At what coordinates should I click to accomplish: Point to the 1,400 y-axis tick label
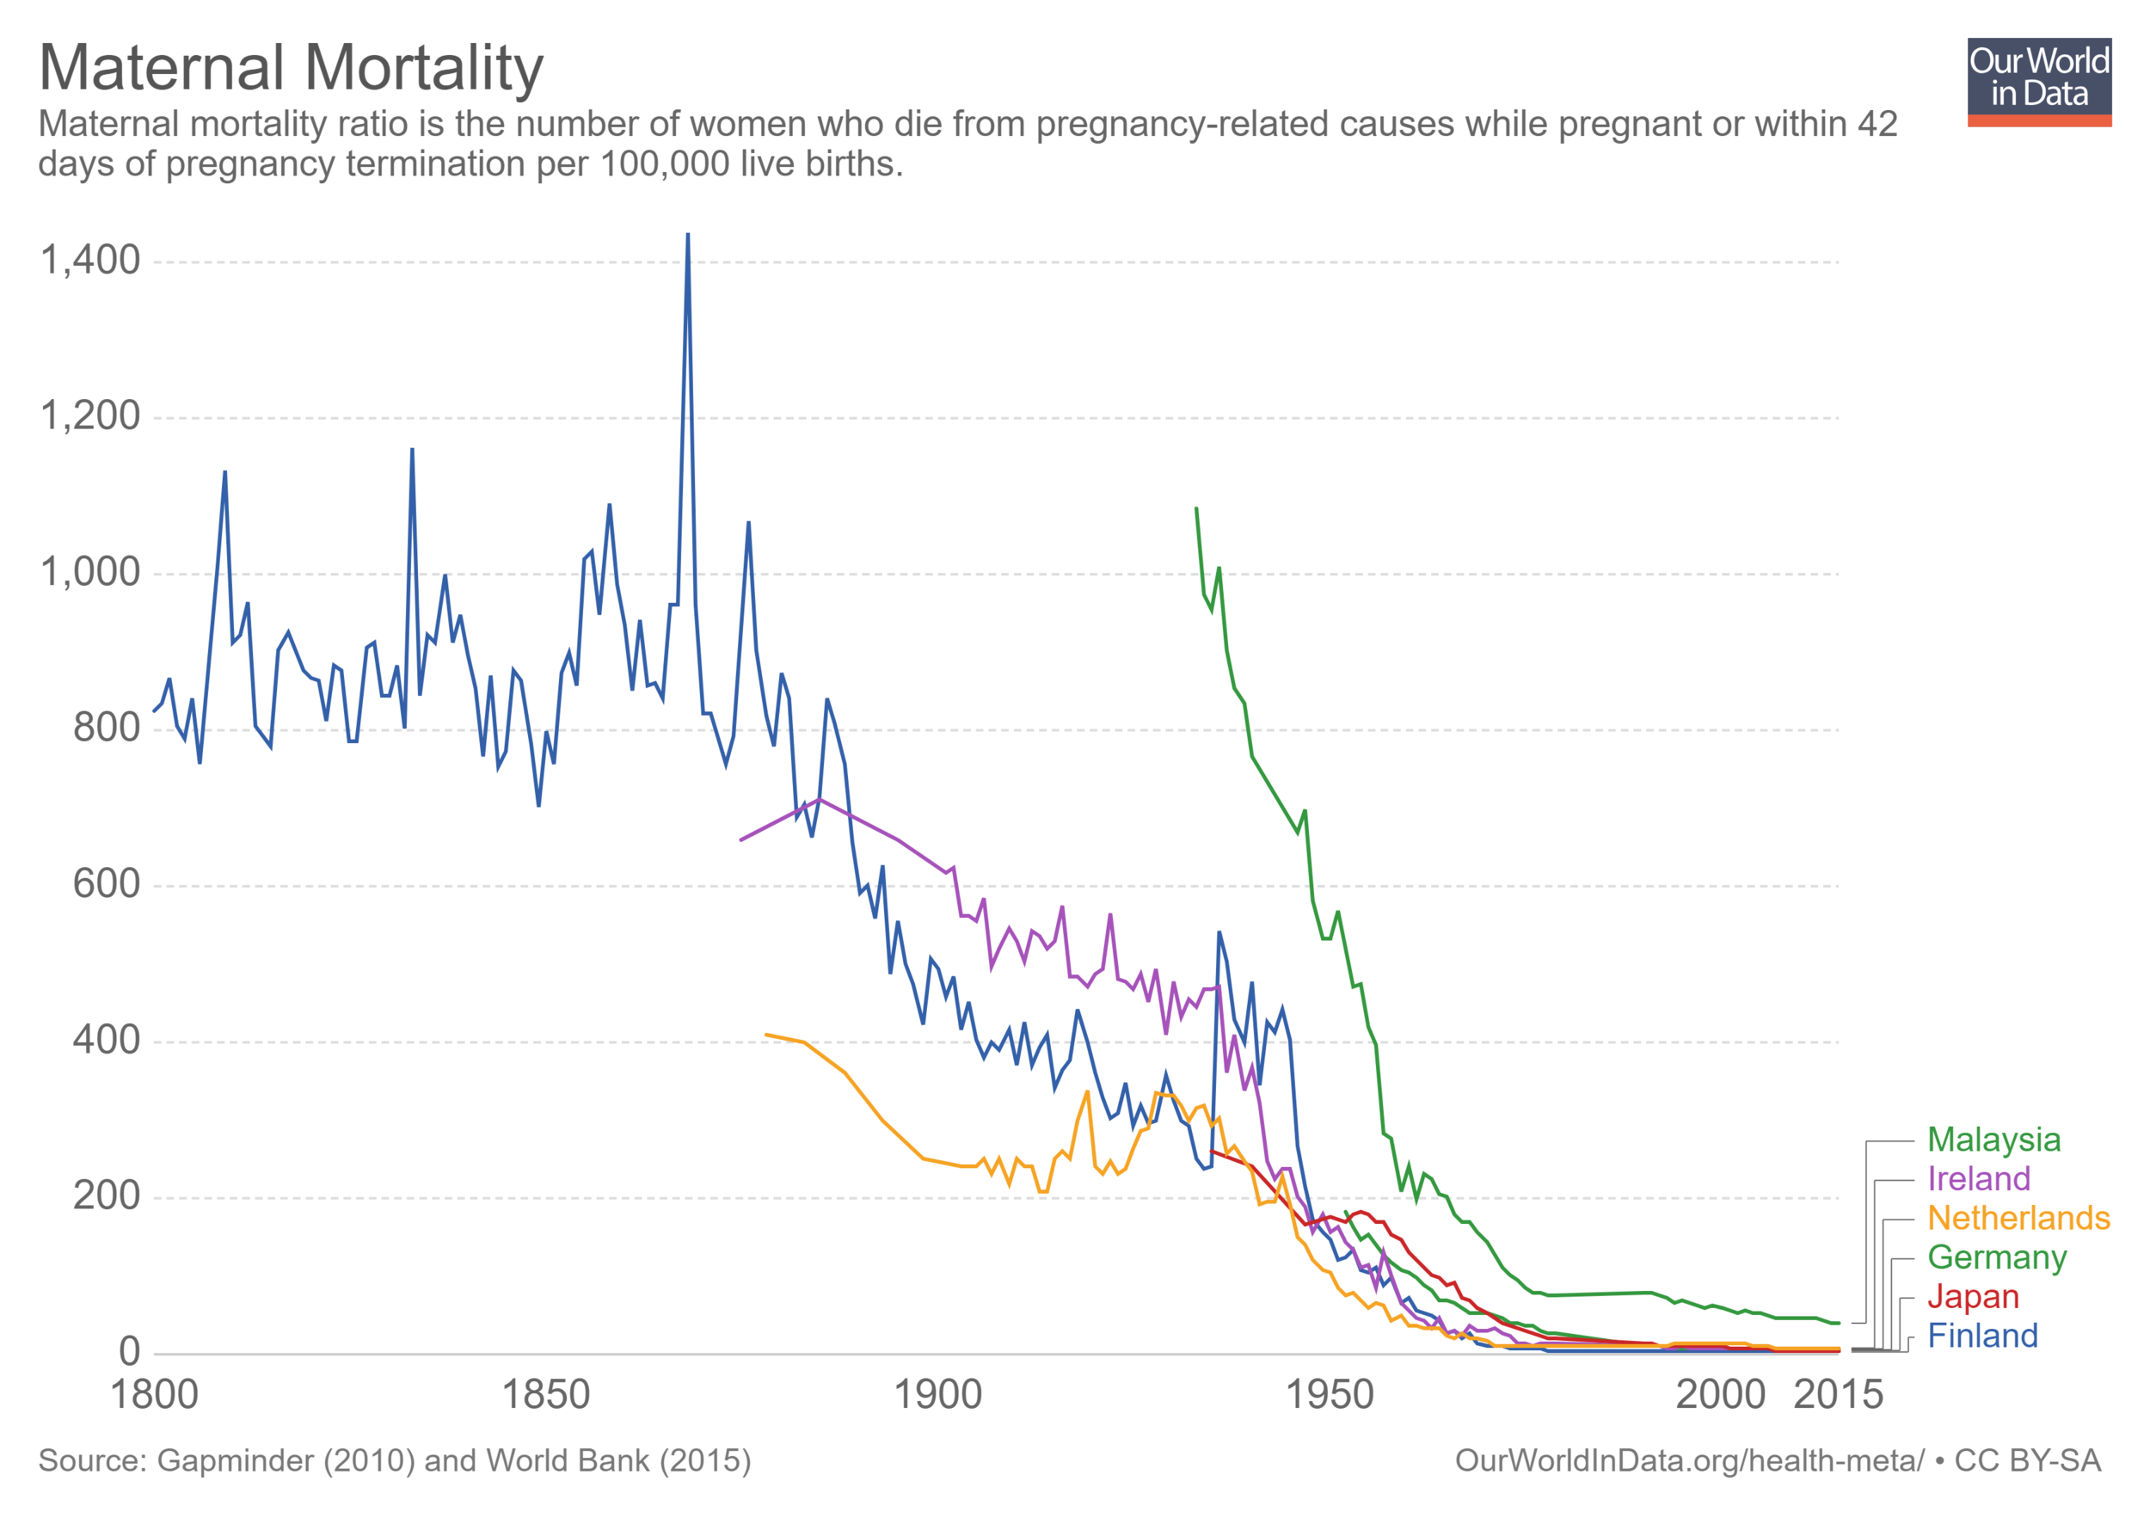click(x=90, y=261)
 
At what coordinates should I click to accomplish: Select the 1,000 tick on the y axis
click(x=90, y=572)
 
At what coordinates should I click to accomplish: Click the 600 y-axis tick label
click(x=106, y=884)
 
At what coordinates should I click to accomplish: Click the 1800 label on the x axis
click(x=155, y=1395)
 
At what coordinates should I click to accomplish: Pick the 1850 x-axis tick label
click(x=546, y=1395)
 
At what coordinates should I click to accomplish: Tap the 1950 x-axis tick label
click(x=1330, y=1395)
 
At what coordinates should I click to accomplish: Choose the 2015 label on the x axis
click(x=1837, y=1395)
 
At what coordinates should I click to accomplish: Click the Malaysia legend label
click(x=1993, y=1140)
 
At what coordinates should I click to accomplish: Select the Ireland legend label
click(x=1979, y=1178)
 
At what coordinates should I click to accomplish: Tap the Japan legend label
click(x=1972, y=1296)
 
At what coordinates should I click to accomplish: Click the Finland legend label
click(x=1982, y=1336)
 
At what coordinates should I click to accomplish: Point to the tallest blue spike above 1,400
click(x=688, y=236)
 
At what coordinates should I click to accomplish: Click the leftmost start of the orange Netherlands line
click(x=766, y=1035)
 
